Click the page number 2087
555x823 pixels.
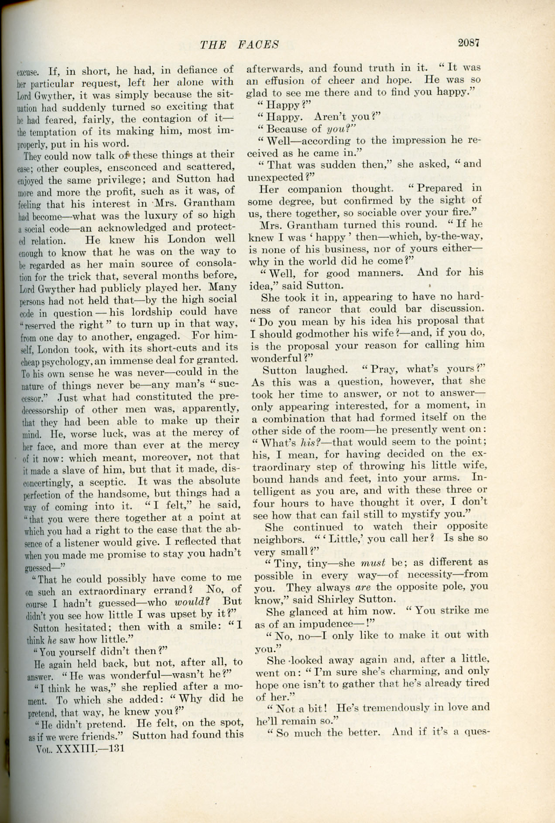(469, 42)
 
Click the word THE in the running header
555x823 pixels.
(213, 45)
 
